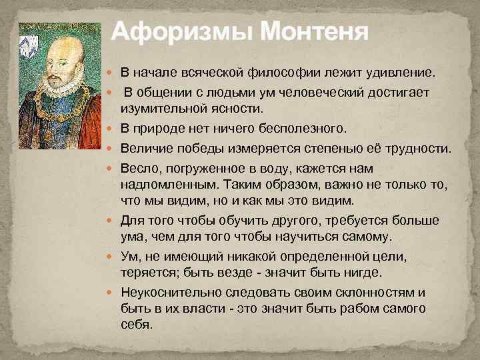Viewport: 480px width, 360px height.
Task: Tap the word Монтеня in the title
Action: (x=313, y=31)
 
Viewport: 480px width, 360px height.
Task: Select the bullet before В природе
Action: (x=111, y=127)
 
